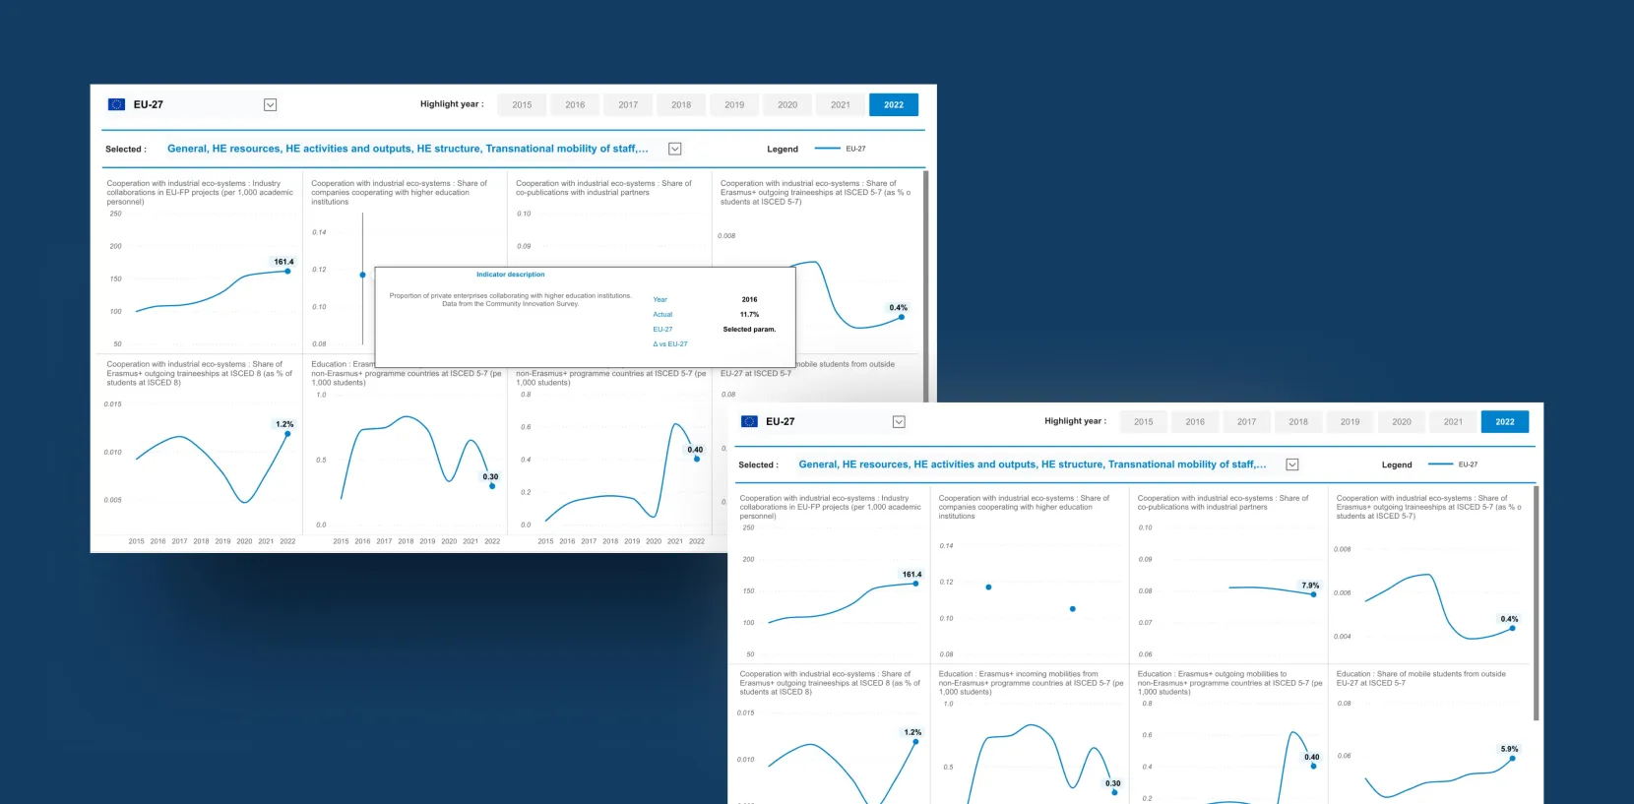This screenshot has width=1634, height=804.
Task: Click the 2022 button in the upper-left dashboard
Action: click(x=893, y=104)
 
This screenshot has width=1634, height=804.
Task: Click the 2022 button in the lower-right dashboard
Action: click(x=1504, y=421)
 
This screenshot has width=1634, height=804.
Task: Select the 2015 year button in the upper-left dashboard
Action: click(x=522, y=104)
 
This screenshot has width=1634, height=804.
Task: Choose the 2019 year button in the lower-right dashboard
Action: click(x=1350, y=421)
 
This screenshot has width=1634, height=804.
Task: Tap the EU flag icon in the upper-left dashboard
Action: click(x=116, y=104)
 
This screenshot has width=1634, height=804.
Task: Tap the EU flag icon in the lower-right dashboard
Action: click(x=749, y=421)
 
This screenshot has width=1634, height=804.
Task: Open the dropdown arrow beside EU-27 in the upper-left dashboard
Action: click(x=270, y=104)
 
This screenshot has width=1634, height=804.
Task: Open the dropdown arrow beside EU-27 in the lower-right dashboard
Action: click(x=899, y=421)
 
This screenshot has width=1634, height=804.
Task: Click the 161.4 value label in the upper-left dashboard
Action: click(x=283, y=262)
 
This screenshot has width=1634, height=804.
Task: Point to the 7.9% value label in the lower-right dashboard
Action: click(x=1310, y=585)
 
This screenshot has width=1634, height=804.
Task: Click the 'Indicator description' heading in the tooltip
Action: click(x=510, y=275)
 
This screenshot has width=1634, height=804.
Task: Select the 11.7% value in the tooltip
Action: click(x=749, y=314)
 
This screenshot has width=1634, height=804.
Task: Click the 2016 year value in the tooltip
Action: click(x=749, y=299)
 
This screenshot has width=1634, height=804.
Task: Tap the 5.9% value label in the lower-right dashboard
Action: click(x=1509, y=749)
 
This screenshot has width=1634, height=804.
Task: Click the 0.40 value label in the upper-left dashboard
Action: click(x=695, y=450)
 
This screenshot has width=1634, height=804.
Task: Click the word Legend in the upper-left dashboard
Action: click(x=783, y=150)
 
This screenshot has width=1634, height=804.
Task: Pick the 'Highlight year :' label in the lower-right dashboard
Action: click(x=1075, y=421)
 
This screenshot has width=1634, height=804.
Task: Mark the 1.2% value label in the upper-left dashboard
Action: click(x=284, y=424)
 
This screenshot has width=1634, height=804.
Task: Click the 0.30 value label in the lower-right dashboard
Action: click(x=1112, y=783)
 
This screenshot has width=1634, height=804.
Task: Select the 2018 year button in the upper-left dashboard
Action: click(x=681, y=104)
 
